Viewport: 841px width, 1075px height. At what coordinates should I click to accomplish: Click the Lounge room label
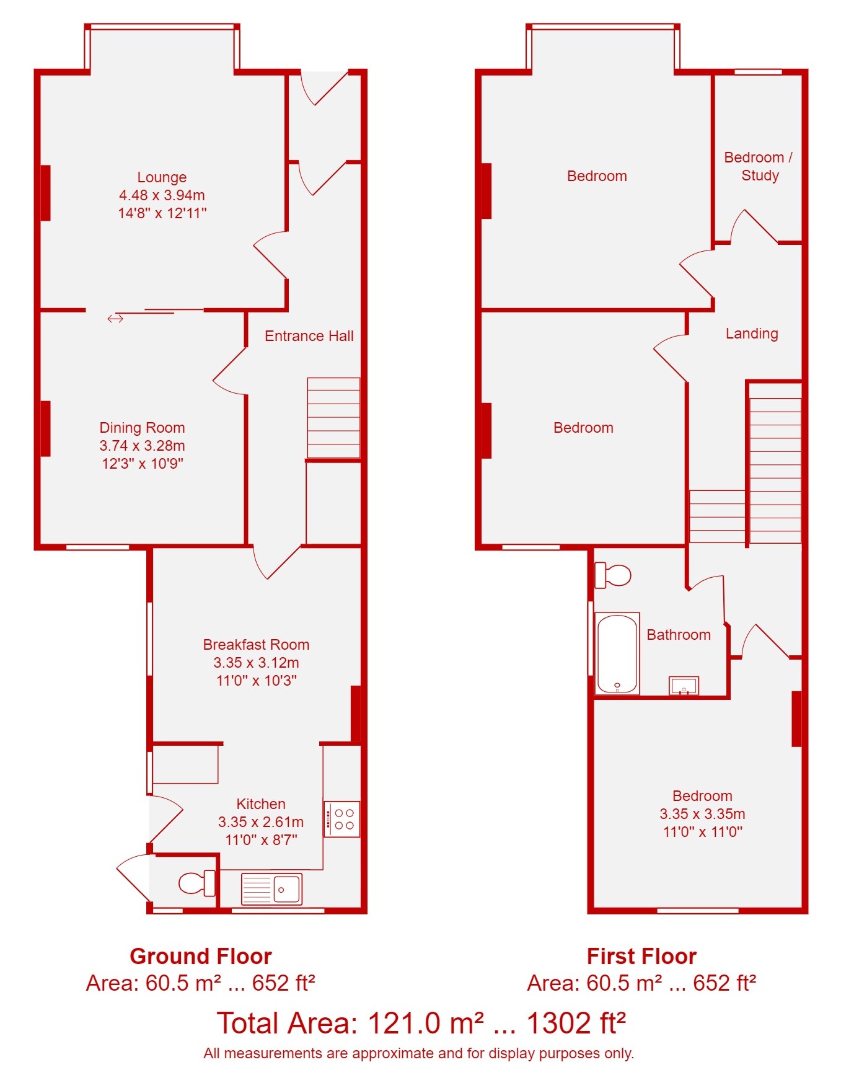pos(162,177)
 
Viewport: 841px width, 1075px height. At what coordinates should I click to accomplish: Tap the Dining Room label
pos(142,428)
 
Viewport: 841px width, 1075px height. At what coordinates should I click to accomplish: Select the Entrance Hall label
pos(309,336)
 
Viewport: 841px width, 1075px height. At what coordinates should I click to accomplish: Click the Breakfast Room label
pos(256,645)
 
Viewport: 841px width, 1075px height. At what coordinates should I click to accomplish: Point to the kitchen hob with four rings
pos(342,819)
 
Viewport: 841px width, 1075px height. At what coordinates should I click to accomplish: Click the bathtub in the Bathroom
pos(617,653)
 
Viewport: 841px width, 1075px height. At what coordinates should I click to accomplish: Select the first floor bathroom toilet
pos(612,575)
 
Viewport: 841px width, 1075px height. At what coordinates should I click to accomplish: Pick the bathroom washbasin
pos(684,686)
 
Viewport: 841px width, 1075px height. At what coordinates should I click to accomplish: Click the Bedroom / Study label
pos(759,166)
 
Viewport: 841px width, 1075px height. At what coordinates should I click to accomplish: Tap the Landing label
pos(752,334)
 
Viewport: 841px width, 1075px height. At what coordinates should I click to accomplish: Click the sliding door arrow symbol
pos(115,319)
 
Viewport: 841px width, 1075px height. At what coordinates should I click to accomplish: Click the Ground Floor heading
pos(201,956)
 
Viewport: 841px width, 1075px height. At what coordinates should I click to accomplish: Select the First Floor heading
pos(641,956)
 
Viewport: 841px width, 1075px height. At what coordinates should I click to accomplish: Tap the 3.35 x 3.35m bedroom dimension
pos(702,814)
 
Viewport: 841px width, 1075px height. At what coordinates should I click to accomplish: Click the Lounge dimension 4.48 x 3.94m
pos(162,195)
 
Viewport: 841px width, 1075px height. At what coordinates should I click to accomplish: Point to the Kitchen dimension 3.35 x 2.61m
pos(261,822)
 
